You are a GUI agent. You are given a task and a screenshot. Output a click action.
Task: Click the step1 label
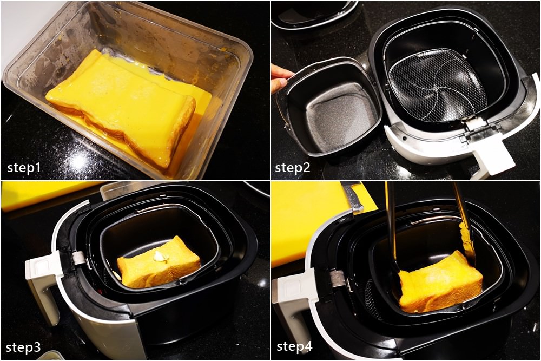[x=24, y=168]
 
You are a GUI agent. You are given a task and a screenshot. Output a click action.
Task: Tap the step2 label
[x=293, y=168]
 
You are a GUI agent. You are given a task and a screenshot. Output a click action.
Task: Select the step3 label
[x=23, y=347]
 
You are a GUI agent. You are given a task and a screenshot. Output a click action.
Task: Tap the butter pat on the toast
[x=159, y=256]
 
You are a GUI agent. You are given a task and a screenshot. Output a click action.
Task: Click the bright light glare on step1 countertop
[x=78, y=161]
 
